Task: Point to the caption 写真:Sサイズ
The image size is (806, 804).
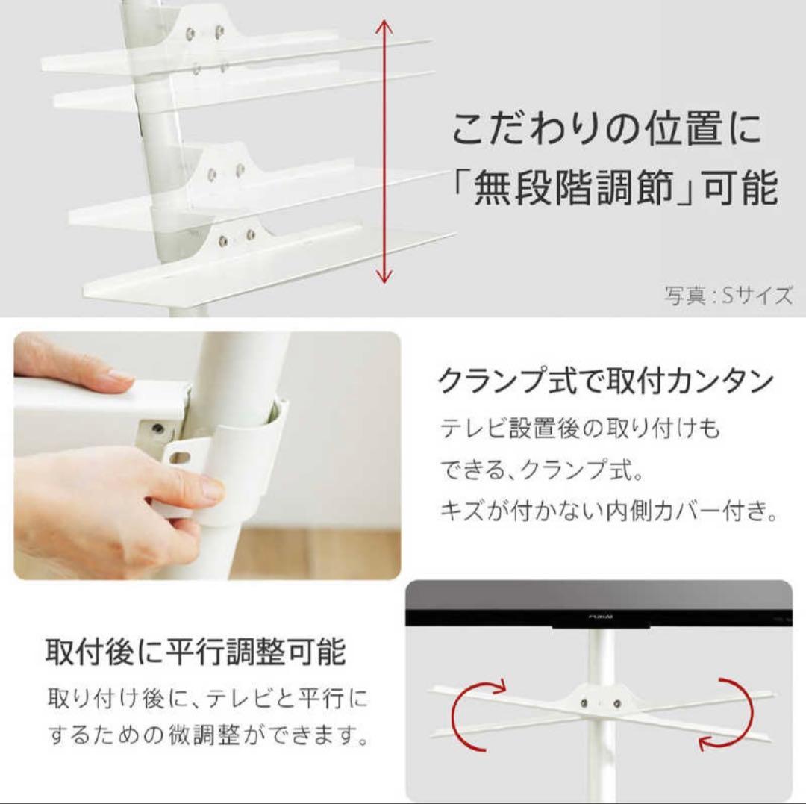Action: (728, 296)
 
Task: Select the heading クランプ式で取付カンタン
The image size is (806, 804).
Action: (604, 381)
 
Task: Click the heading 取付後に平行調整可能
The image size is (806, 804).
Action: (196, 652)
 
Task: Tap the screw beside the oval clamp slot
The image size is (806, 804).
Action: (158, 429)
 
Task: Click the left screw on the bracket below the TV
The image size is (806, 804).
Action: (586, 703)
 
